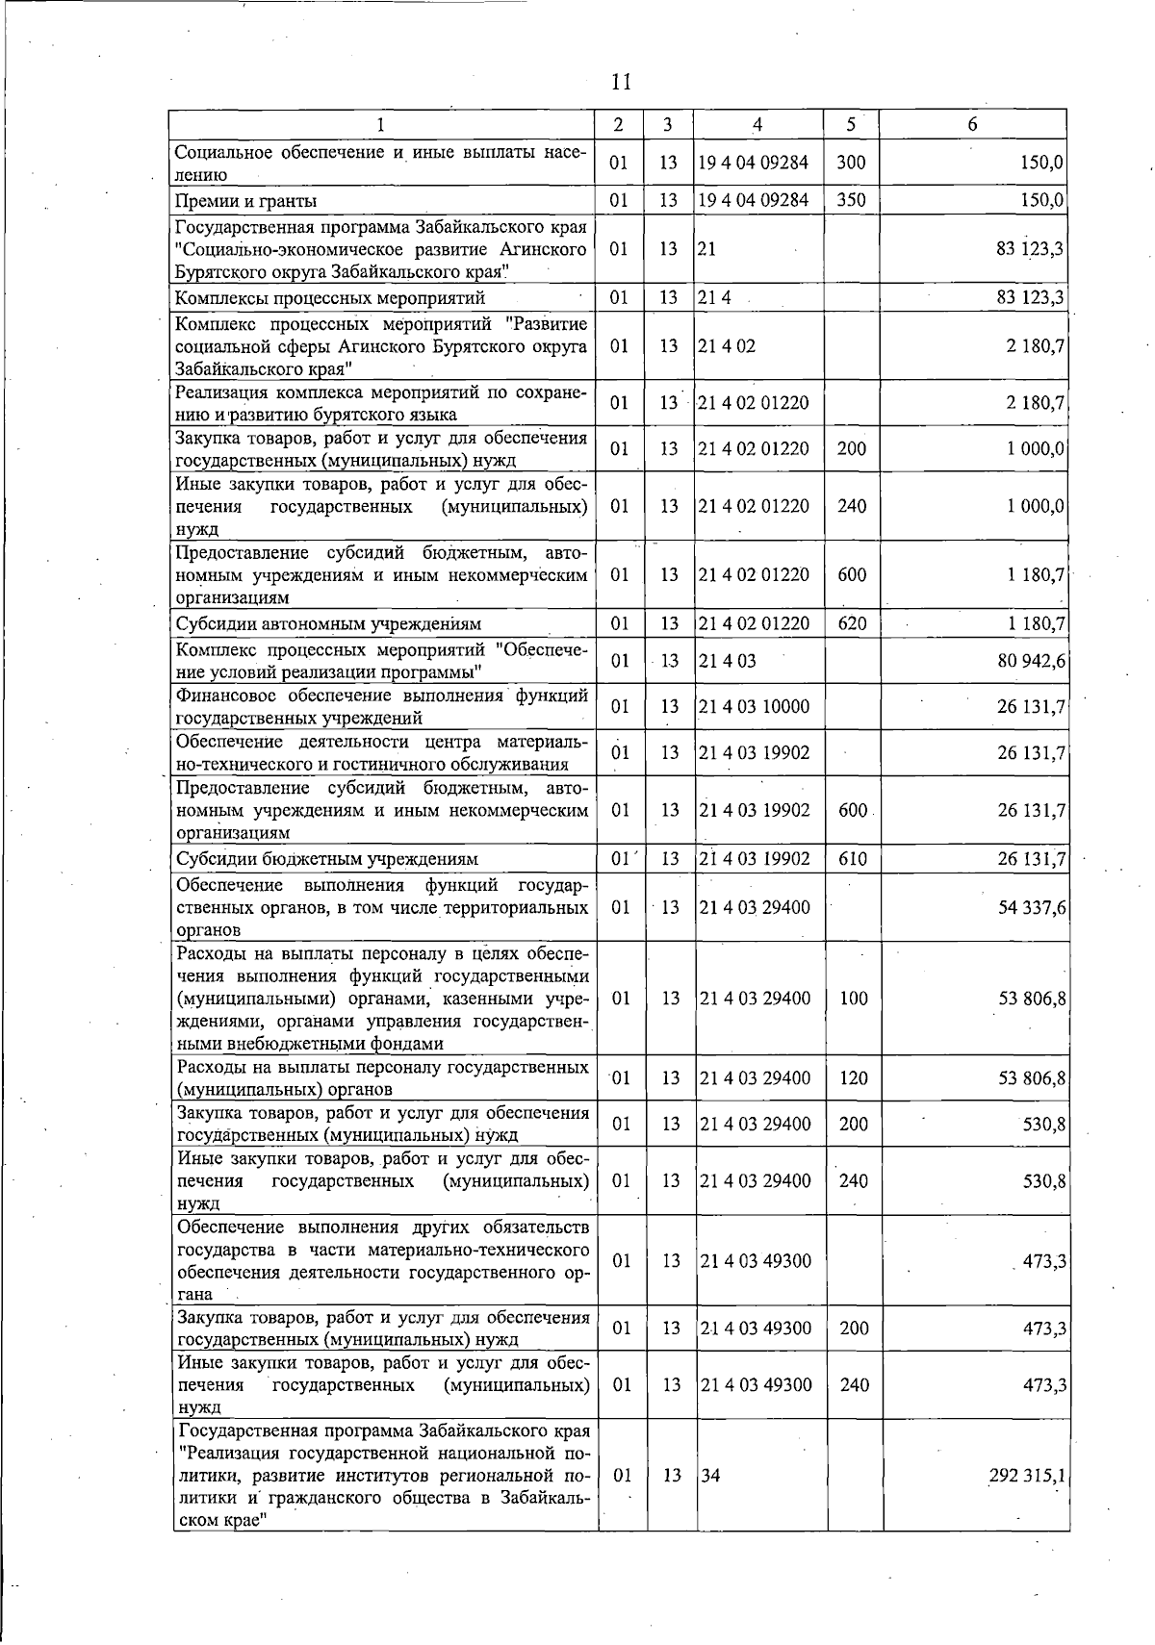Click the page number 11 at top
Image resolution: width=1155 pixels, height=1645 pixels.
[621, 82]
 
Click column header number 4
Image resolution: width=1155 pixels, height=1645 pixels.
[757, 124]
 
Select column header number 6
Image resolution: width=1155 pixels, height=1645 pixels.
[973, 124]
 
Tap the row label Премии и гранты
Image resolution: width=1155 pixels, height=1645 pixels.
[245, 201]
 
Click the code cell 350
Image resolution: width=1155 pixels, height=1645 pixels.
[851, 200]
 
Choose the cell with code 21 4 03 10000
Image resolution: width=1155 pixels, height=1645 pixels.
[755, 707]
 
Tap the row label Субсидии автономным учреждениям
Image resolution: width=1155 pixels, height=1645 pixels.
[327, 624]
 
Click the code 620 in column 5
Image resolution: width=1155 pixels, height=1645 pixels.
[852, 623]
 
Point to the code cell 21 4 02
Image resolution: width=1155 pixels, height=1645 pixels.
[727, 345]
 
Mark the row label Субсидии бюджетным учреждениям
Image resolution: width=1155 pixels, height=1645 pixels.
[326, 859]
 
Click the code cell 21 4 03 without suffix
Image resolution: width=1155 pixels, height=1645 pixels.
[728, 661]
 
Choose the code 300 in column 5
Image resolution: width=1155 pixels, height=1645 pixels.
[851, 163]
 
